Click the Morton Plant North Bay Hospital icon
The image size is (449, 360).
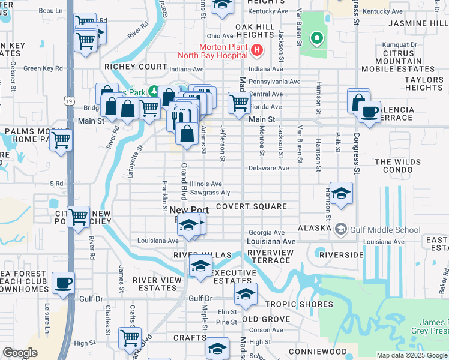pyautogui.click(x=257, y=50)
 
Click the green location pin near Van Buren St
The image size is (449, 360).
pyautogui.click(x=316, y=40)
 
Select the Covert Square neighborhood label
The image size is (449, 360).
pyautogui.click(x=252, y=206)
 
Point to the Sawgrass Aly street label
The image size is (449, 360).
pyautogui.click(x=210, y=193)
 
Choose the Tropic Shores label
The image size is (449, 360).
pyautogui.click(x=291, y=304)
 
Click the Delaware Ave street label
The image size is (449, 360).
pyautogui.click(x=268, y=169)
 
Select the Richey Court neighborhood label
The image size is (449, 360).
pyautogui.click(x=135, y=67)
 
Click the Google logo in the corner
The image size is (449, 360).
pyautogui.click(x=20, y=353)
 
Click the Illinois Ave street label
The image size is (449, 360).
pyautogui.click(x=206, y=184)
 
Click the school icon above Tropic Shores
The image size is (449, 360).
pyautogui.click(x=246, y=294)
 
